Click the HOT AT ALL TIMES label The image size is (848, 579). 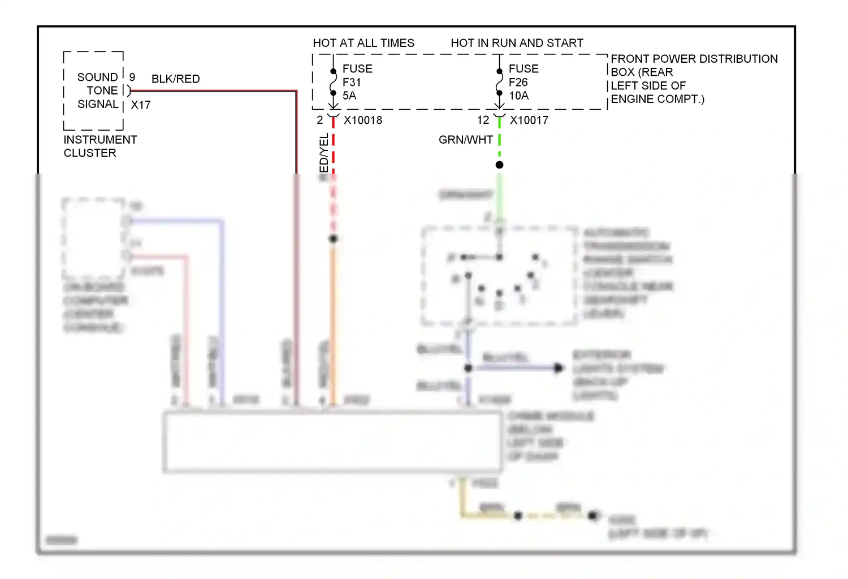[364, 43]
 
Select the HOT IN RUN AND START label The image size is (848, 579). [517, 43]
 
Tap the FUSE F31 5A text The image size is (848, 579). [357, 82]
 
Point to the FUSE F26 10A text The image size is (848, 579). [523, 82]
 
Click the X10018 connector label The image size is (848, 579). [363, 120]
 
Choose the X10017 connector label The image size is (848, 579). [529, 120]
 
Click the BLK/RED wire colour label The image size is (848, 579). [175, 79]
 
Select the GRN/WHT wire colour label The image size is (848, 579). [466, 140]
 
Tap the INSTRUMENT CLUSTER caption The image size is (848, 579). [100, 146]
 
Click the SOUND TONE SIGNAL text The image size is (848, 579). [98, 90]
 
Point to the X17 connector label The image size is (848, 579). [141, 105]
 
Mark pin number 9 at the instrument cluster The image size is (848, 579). [132, 77]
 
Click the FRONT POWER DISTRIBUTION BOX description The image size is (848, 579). [694, 79]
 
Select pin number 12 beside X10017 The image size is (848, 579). [483, 120]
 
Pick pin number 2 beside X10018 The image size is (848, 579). [320, 120]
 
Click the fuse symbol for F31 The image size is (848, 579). [334, 82]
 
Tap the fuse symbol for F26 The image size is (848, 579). [499, 82]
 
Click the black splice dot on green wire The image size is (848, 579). [499, 165]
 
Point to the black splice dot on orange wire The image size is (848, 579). [334, 239]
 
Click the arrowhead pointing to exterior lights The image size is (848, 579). [559, 368]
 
